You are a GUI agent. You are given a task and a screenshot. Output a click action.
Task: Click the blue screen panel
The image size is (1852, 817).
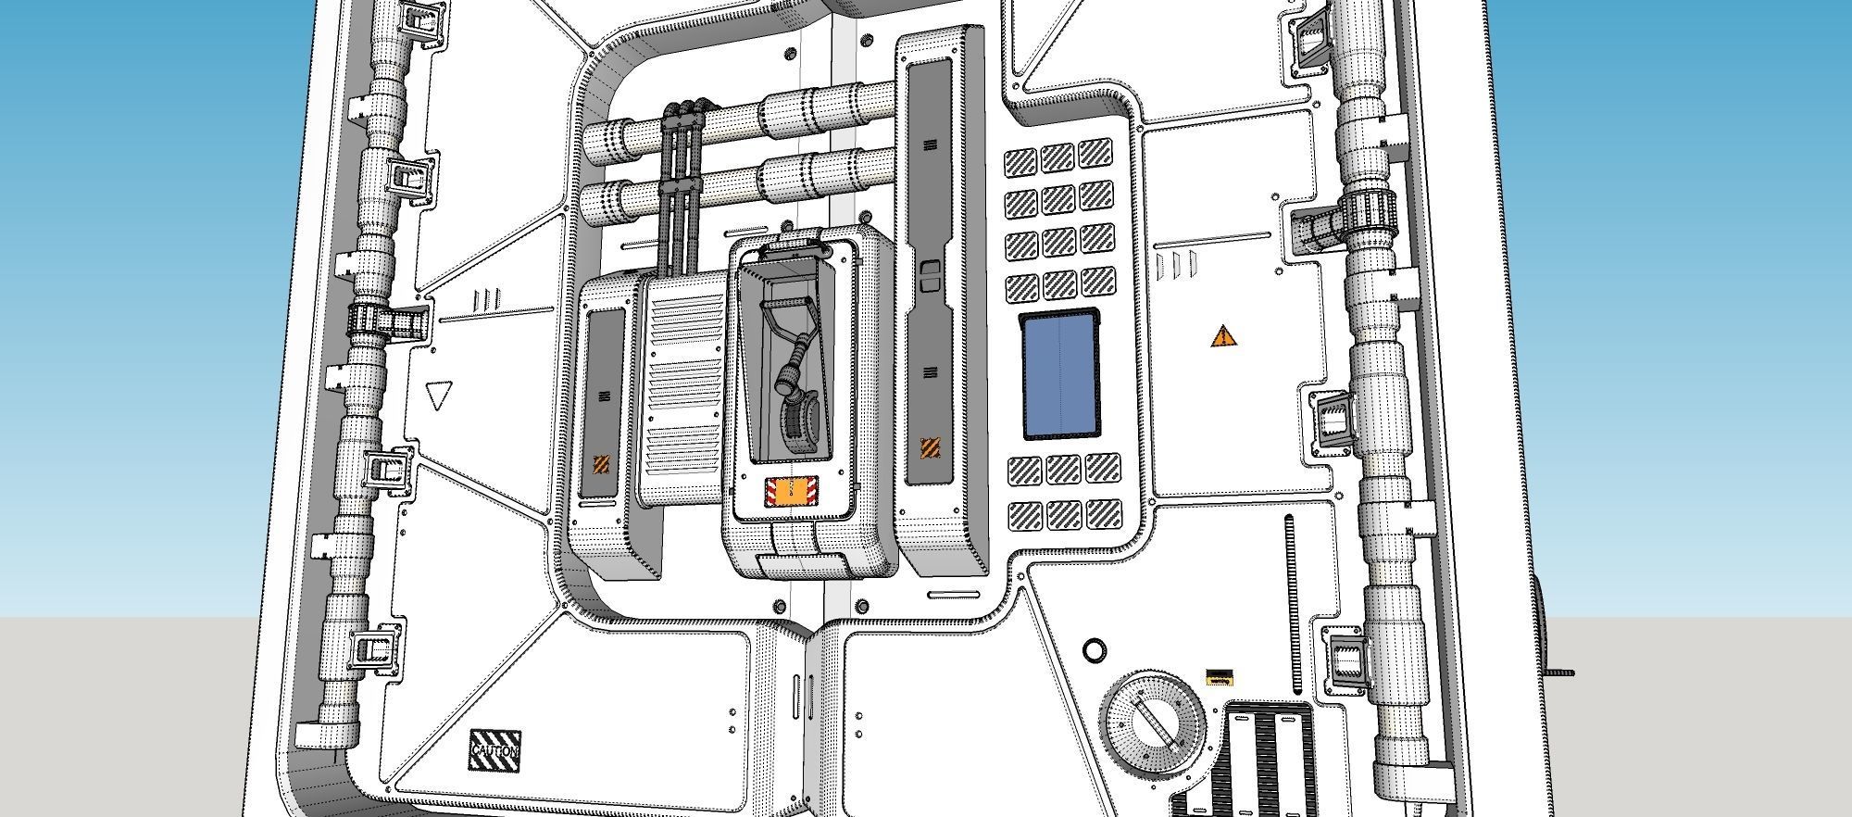click(1061, 375)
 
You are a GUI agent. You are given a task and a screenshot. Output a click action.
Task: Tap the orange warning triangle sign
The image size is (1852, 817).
click(1223, 336)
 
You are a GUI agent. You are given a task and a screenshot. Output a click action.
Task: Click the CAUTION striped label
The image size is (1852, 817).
click(495, 748)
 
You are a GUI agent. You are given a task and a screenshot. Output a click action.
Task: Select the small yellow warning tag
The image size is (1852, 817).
click(1218, 677)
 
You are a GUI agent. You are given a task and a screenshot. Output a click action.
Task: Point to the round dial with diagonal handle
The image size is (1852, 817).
click(1154, 720)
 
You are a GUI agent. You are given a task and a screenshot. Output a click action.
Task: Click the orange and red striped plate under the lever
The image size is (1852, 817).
click(790, 492)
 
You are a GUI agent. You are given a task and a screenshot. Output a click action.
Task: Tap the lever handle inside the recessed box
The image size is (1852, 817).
click(785, 321)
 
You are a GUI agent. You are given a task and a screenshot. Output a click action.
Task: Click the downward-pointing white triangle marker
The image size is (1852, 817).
click(437, 396)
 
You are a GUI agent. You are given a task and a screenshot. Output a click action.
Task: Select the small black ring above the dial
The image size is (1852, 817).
click(1094, 649)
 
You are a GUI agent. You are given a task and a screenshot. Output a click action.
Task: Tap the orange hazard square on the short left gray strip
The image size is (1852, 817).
click(602, 464)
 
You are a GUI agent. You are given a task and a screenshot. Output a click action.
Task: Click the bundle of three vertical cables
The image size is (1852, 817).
click(682, 185)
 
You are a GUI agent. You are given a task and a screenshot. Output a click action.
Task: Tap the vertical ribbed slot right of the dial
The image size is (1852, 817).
click(1289, 602)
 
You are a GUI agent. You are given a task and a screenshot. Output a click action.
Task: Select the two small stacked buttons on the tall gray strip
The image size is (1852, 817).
click(930, 275)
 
